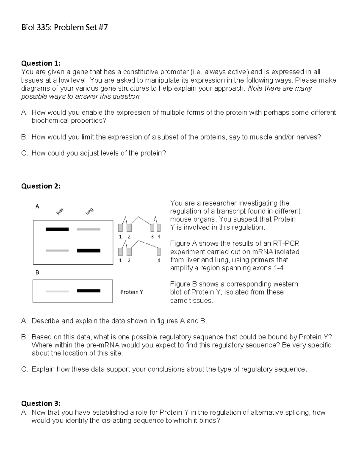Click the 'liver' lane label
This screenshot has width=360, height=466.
click(x=60, y=211)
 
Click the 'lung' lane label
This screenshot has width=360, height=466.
click(x=89, y=211)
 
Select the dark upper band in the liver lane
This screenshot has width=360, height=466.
click(x=57, y=229)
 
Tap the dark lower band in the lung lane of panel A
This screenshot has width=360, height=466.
click(x=88, y=251)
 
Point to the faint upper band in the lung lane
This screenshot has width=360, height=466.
click(x=88, y=229)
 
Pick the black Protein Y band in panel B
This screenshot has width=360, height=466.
click(x=88, y=291)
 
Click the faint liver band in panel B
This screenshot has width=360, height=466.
click(x=57, y=291)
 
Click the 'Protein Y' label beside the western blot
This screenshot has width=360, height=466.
click(x=131, y=292)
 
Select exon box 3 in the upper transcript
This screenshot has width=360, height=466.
click(x=152, y=228)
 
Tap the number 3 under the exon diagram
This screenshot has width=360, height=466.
click(x=152, y=236)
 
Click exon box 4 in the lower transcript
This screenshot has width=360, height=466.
click(x=159, y=251)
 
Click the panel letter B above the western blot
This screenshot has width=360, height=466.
click(x=37, y=272)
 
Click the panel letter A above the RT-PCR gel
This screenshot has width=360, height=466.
click(x=37, y=206)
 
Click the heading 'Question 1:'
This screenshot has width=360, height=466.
click(x=40, y=63)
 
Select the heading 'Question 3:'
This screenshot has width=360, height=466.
click(x=40, y=403)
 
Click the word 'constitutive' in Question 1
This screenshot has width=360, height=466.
click(x=141, y=72)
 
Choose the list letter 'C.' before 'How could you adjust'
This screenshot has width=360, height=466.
click(x=24, y=153)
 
